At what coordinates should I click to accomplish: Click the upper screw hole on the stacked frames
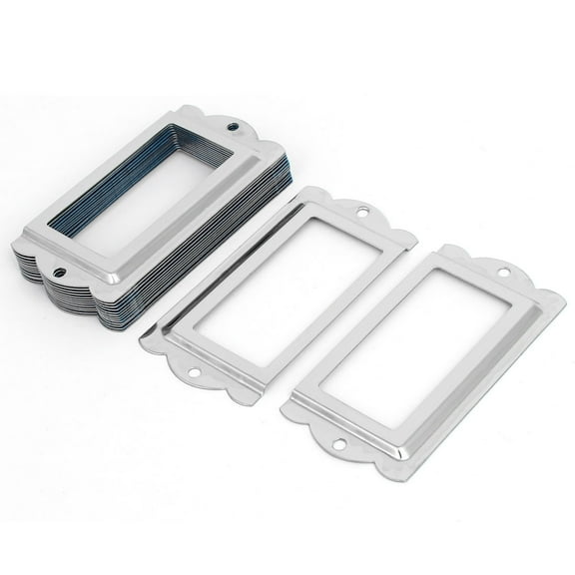(x=235, y=128)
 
